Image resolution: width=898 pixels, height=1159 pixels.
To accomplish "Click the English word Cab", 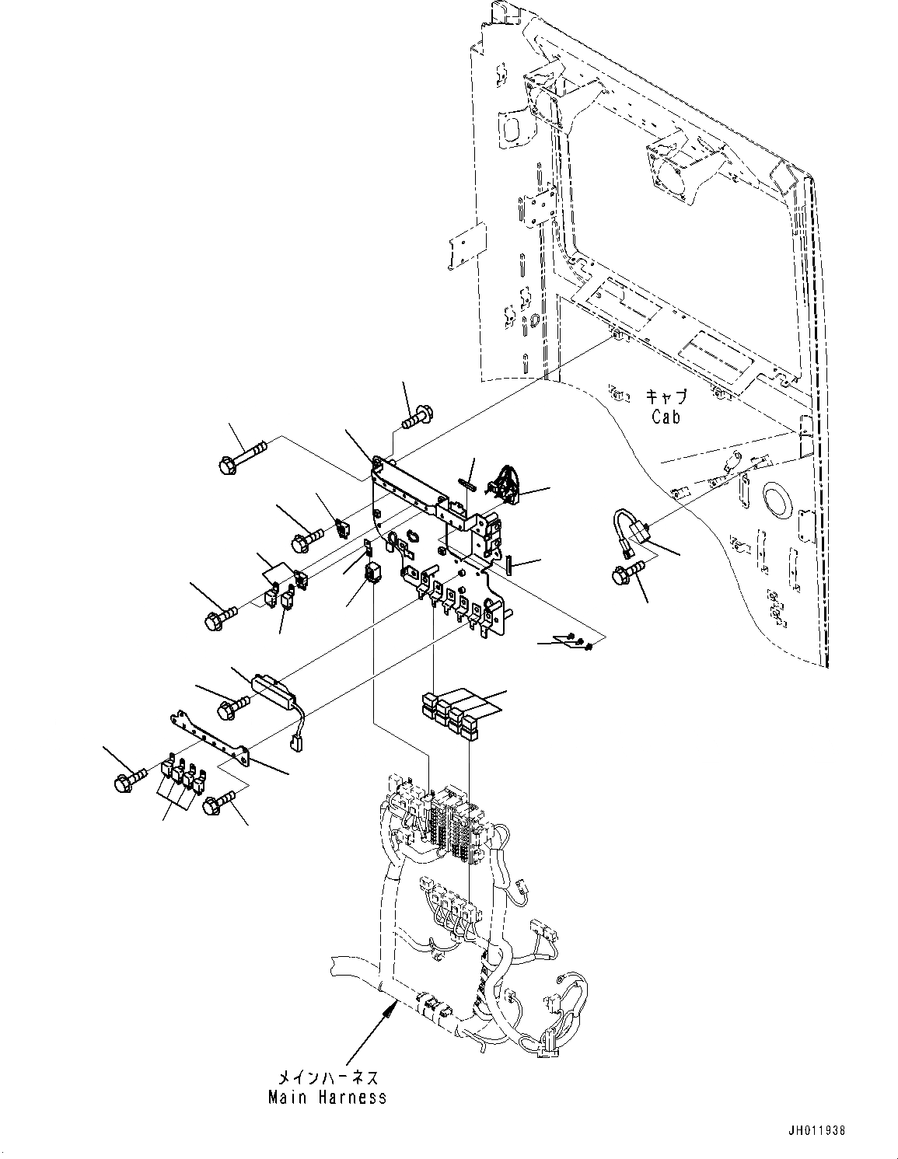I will click(x=666, y=417).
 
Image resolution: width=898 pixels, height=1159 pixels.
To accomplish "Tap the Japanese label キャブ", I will click(x=666, y=397).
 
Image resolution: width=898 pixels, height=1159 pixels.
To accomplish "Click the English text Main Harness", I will click(x=327, y=1098).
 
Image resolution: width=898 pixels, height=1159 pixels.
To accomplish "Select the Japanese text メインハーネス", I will click(x=327, y=1078).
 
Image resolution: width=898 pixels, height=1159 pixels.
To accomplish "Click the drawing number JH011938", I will click(x=816, y=1129).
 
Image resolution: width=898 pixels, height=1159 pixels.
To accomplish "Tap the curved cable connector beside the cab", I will click(x=631, y=529).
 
